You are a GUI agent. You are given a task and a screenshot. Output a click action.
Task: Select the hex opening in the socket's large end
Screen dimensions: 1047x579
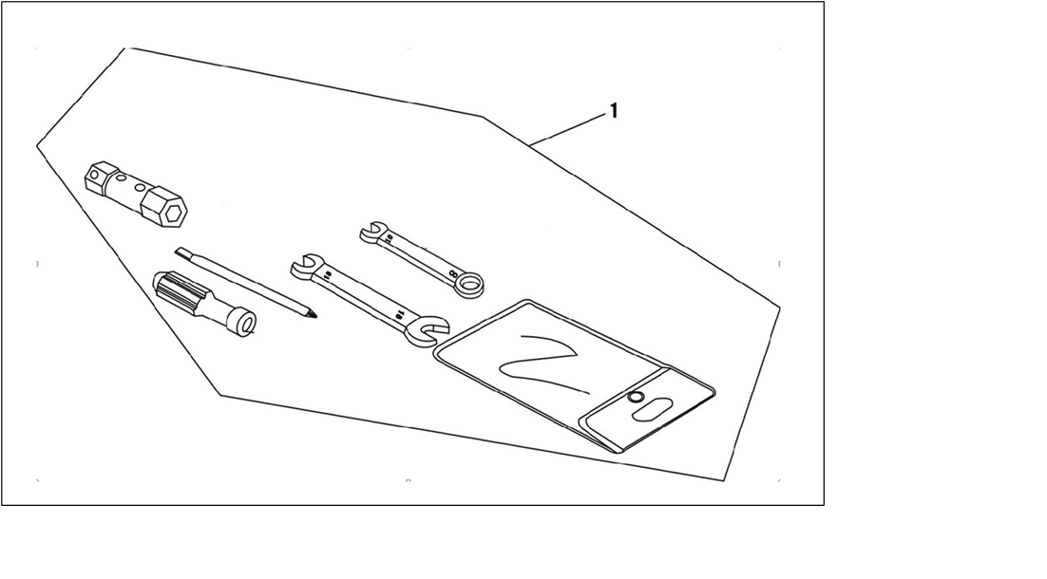(x=175, y=215)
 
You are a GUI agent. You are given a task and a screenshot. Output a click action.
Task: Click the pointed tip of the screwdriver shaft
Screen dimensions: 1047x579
(x=314, y=315)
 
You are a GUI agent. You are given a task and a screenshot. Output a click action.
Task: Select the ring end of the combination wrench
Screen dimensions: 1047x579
(x=469, y=285)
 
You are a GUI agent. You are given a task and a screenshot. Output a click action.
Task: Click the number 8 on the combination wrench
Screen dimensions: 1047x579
(x=454, y=272)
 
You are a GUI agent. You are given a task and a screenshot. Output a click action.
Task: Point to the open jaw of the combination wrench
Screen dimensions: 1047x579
(x=371, y=231)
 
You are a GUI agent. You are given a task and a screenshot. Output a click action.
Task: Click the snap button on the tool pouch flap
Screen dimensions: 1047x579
(x=636, y=399)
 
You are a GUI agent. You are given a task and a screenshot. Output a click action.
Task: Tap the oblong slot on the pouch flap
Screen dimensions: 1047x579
(x=653, y=407)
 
